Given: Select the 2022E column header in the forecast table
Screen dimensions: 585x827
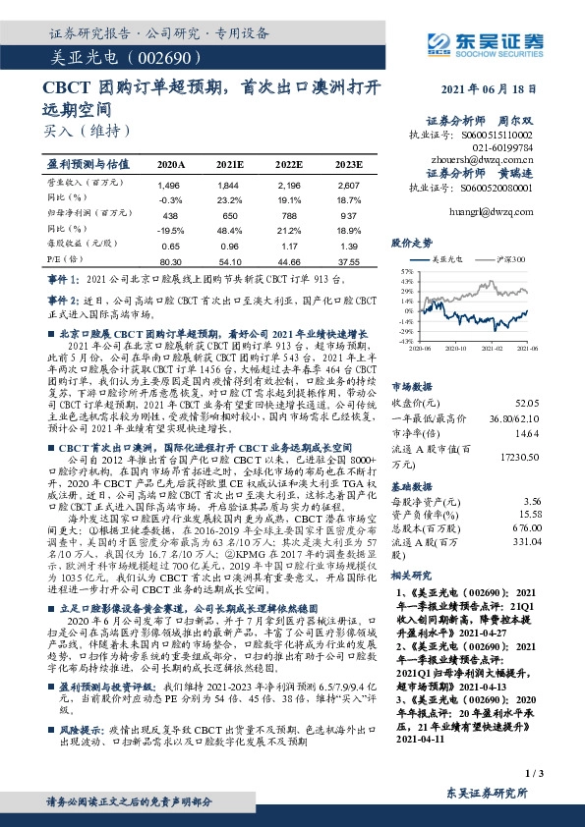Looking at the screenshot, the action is (x=288, y=165).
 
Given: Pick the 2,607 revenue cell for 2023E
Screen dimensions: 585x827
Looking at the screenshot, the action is (x=348, y=185).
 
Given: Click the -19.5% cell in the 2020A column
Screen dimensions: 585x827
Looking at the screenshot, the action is (x=171, y=232).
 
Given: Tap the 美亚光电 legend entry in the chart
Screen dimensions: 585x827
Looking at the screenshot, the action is (x=443, y=259).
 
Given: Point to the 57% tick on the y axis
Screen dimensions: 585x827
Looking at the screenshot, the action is (x=407, y=269).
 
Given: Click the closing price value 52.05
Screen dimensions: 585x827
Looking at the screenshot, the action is (x=527, y=401).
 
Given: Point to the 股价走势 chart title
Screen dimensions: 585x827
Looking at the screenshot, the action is (x=411, y=240).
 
